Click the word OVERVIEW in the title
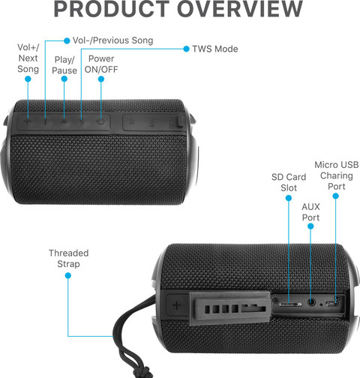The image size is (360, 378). (x=240, y=9)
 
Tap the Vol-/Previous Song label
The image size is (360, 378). (x=112, y=40)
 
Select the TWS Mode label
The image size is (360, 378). (x=215, y=49)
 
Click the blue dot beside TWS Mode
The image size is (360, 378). (x=186, y=49)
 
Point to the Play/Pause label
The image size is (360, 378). (x=64, y=65)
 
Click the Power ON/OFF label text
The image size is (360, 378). (x=101, y=64)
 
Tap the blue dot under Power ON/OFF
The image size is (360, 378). (x=101, y=79)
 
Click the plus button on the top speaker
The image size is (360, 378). (x=27, y=122)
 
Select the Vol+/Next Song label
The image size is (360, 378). (x=28, y=58)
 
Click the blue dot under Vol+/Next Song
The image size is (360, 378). (x=28, y=79)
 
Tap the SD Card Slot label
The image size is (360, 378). (x=289, y=182)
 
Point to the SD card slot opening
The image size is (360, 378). (x=290, y=304)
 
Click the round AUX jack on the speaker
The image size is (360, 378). (x=311, y=302)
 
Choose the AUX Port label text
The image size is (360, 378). (x=310, y=212)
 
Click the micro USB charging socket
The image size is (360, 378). (x=332, y=304)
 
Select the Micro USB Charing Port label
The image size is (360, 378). (x=337, y=175)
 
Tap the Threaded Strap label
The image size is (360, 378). (x=68, y=259)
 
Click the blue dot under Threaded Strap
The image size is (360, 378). (x=68, y=275)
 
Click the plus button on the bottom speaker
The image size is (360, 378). (x=177, y=305)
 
